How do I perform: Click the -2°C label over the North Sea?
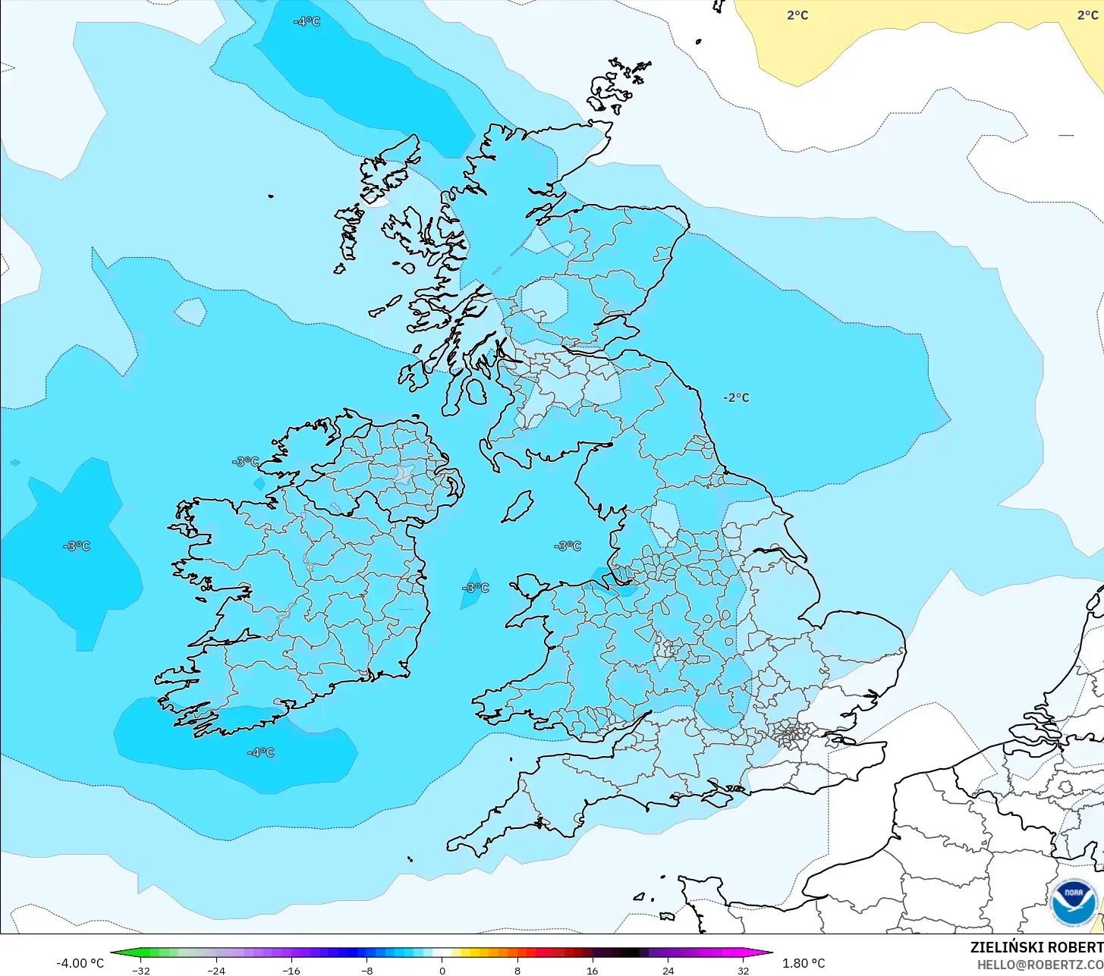point(736,397)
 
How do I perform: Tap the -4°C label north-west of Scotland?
point(307,21)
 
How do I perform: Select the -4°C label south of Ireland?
point(260,752)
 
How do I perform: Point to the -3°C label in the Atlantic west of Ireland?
point(77,546)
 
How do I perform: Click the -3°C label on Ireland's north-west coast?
point(246,461)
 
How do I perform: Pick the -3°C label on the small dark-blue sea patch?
point(476,588)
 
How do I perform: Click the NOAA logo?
point(1074,902)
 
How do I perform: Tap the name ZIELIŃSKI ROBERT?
point(1036,947)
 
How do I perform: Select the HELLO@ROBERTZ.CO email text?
point(1040,965)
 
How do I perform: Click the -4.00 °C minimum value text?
point(80,963)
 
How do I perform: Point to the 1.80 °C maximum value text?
point(804,963)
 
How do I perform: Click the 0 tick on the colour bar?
point(442,970)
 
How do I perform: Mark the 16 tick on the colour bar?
point(592,970)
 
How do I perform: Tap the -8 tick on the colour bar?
point(366,970)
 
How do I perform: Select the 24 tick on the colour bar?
point(668,970)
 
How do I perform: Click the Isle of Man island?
point(518,507)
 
